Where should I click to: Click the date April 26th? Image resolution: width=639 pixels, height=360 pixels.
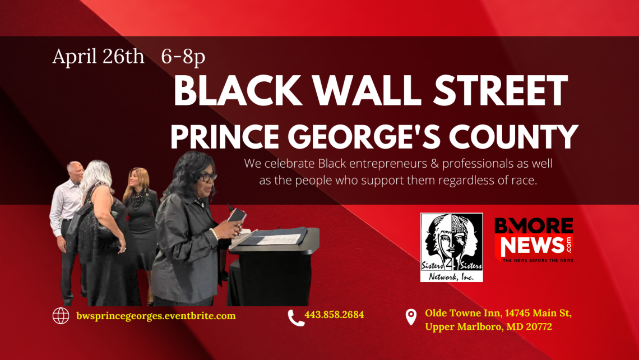pyautogui.click(x=98, y=57)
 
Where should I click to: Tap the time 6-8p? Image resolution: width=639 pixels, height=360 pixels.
pyautogui.click(x=183, y=57)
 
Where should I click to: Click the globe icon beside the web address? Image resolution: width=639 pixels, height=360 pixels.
pyautogui.click(x=61, y=316)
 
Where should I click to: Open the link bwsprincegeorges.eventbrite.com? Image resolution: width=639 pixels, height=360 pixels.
pyautogui.click(x=156, y=316)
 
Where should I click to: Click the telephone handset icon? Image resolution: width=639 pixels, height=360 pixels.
pyautogui.click(x=295, y=318)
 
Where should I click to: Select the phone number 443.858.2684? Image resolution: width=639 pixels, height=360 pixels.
pyautogui.click(x=334, y=315)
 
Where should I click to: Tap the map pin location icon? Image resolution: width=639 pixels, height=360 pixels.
pyautogui.click(x=411, y=317)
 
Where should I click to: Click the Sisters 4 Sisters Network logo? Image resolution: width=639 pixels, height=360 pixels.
pyautogui.click(x=451, y=247)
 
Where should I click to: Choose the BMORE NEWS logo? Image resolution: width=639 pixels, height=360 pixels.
pyautogui.click(x=534, y=241)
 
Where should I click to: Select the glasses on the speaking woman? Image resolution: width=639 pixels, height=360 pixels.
pyautogui.click(x=206, y=177)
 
